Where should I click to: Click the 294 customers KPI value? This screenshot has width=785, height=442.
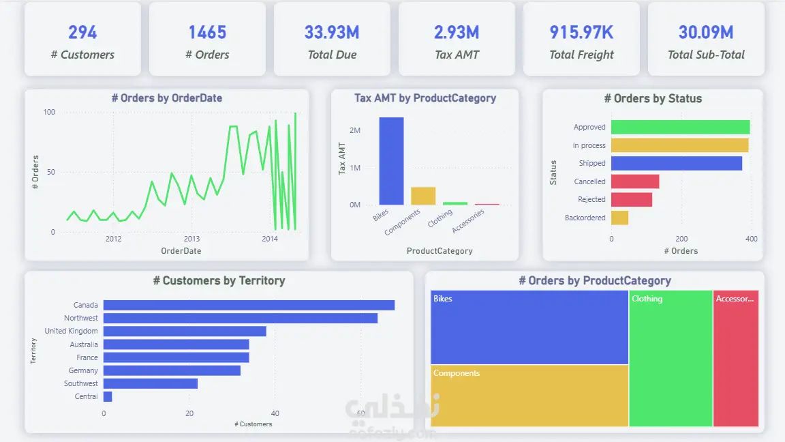pyautogui.click(x=82, y=33)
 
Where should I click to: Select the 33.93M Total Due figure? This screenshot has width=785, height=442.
pyautogui.click(x=332, y=33)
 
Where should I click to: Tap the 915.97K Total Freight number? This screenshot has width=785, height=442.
pyautogui.click(x=581, y=33)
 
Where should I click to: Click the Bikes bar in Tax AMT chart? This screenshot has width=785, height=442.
pyautogui.click(x=392, y=161)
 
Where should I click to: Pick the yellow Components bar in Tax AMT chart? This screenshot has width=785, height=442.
pyautogui.click(x=423, y=196)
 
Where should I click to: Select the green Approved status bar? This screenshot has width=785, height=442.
pyautogui.click(x=680, y=128)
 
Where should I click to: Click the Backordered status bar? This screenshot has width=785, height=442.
pyautogui.click(x=620, y=218)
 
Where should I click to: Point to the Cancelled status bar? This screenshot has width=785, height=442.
pyautogui.click(x=635, y=181)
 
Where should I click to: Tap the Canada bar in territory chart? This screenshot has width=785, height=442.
pyautogui.click(x=249, y=305)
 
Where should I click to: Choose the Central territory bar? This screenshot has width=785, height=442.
pyautogui.click(x=108, y=396)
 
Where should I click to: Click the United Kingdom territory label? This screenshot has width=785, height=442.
pyautogui.click(x=71, y=331)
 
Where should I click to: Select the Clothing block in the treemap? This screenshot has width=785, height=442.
pyautogui.click(x=671, y=358)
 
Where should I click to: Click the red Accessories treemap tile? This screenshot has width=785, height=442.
pyautogui.click(x=736, y=358)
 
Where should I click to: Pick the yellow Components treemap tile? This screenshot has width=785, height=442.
pyautogui.click(x=529, y=396)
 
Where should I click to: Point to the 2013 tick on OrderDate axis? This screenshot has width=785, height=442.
pyautogui.click(x=191, y=239)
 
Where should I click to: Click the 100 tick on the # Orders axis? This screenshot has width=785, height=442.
pyautogui.click(x=49, y=113)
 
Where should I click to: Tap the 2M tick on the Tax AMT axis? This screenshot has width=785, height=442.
pyautogui.click(x=355, y=130)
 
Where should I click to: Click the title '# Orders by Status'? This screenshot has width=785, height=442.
pyautogui.click(x=653, y=99)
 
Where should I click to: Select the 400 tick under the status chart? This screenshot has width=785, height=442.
pyautogui.click(x=751, y=239)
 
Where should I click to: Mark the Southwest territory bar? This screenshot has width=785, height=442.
pyautogui.click(x=151, y=383)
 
